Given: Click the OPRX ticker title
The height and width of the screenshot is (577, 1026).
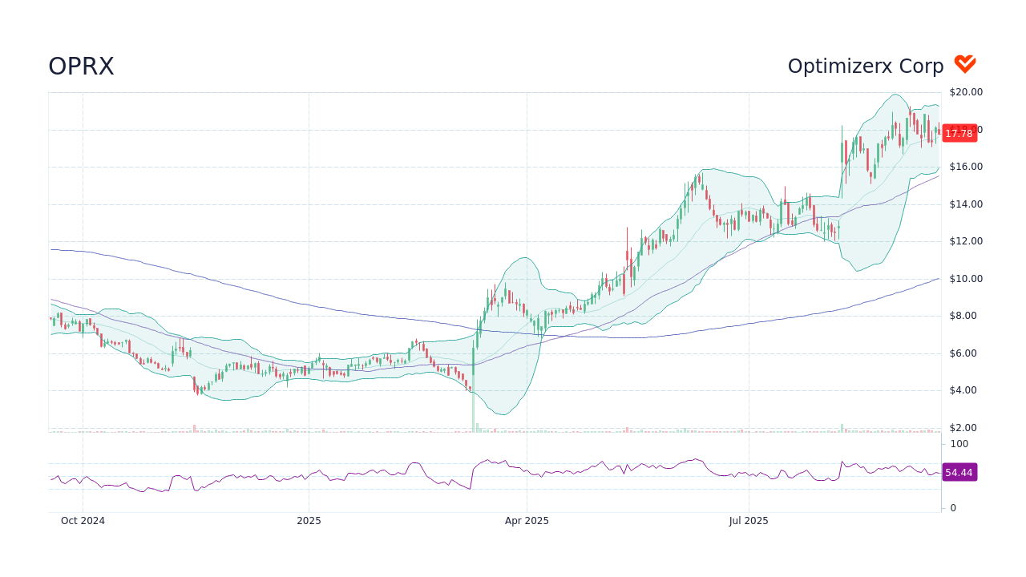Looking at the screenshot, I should [81, 67].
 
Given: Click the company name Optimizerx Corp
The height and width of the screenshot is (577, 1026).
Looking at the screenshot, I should [866, 67].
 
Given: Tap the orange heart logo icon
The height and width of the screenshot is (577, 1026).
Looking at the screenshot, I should [964, 64].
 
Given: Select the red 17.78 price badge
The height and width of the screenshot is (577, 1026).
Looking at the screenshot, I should [959, 134].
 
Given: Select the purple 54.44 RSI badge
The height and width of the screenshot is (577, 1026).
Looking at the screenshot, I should [959, 473].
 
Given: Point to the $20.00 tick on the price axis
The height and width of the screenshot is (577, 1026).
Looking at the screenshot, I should [966, 92].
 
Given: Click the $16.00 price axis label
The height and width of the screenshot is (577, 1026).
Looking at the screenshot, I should [966, 167].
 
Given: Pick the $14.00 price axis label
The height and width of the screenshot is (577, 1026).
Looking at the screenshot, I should [966, 204].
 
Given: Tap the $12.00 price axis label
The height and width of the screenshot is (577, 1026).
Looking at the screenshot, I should [966, 241].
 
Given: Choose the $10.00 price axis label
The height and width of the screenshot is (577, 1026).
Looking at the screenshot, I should [966, 279].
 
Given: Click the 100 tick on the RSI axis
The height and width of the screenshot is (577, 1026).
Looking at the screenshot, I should [959, 444].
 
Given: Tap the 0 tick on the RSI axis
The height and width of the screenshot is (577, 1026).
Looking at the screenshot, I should [953, 508].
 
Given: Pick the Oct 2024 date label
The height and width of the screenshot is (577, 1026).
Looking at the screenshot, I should [83, 521].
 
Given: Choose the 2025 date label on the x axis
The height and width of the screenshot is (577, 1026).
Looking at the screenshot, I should [309, 521].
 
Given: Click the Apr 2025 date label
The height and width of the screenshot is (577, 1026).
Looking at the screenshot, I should [527, 521].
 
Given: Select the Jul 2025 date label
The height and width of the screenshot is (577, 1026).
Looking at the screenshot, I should [749, 521].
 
